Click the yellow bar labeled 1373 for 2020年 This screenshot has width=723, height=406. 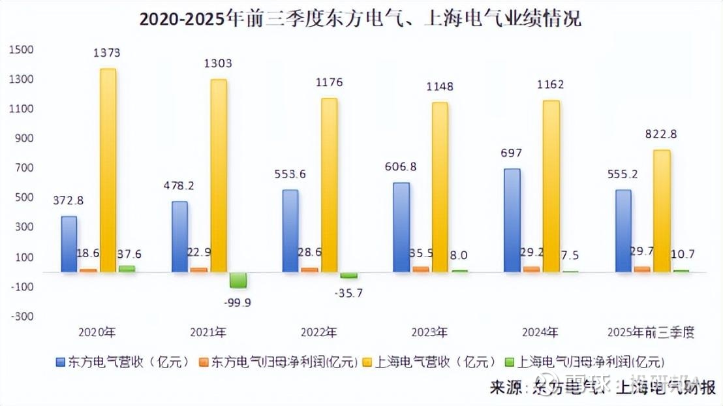tap(108, 170)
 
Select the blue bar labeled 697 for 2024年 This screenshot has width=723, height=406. tap(512, 220)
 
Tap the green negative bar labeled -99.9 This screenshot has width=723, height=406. tap(238, 280)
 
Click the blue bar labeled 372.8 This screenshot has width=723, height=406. tap(69, 243)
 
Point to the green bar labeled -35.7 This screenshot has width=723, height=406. tap(349, 275)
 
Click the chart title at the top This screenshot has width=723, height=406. tap(360, 20)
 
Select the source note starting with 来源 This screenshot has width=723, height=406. tap(603, 387)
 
